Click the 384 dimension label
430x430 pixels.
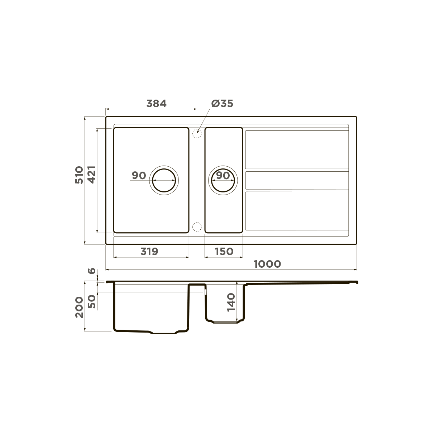point(157,104)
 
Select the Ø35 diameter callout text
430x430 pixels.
point(222,104)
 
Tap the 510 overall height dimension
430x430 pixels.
point(79,175)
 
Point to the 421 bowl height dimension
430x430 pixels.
point(91,175)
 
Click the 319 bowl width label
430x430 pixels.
point(149,252)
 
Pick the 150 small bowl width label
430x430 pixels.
point(224,252)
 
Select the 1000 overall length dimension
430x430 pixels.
point(267,264)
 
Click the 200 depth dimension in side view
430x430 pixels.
point(79,307)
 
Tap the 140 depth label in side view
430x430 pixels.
point(231,302)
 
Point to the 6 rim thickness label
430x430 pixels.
point(92,271)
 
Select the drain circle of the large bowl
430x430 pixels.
point(164,181)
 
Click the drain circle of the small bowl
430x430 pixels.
point(223,181)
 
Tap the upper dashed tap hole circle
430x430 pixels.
point(196,134)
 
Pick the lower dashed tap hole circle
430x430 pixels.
point(196,227)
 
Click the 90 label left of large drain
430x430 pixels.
point(139,176)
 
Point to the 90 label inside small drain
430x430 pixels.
point(223,176)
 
